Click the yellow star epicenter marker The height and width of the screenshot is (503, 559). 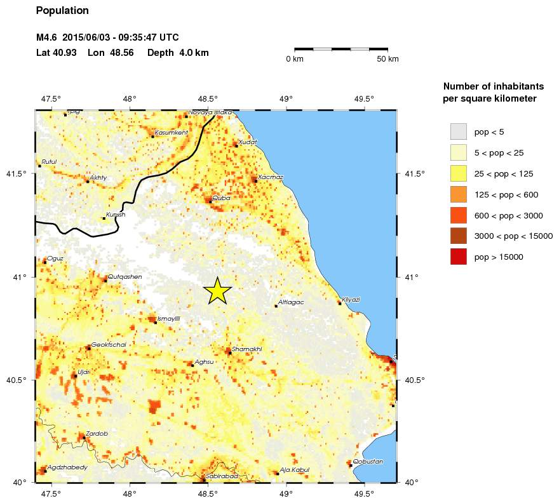tap(217, 291)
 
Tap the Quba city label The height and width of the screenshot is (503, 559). tap(222, 198)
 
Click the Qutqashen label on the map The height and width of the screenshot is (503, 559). tap(125, 276)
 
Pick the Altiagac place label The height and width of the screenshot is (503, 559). tap(291, 302)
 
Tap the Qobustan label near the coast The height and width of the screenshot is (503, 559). tap(368, 461)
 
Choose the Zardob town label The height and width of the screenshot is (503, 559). tap(97, 433)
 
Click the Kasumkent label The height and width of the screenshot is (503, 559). tap(171, 132)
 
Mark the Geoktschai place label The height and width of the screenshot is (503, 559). tap(109, 344)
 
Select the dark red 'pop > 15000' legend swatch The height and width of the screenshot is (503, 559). tap(459, 257)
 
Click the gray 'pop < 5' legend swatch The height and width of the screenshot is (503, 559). tap(459, 132)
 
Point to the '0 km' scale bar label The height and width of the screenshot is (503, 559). tap(295, 59)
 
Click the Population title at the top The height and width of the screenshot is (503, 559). tap(62, 11)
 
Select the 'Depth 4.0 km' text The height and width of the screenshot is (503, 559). tap(177, 53)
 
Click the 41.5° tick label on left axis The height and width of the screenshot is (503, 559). tap(19, 173)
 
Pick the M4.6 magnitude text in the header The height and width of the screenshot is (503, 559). tap(47, 37)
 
